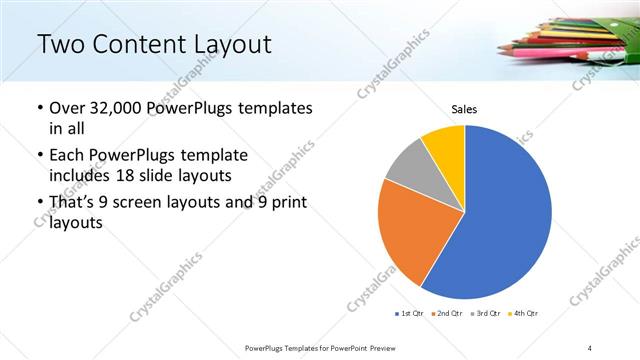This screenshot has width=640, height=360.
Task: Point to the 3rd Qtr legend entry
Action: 486,314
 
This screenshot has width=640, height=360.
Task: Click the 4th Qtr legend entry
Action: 525,314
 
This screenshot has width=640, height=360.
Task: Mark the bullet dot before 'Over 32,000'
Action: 39,108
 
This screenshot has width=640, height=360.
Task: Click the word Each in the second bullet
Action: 66,156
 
